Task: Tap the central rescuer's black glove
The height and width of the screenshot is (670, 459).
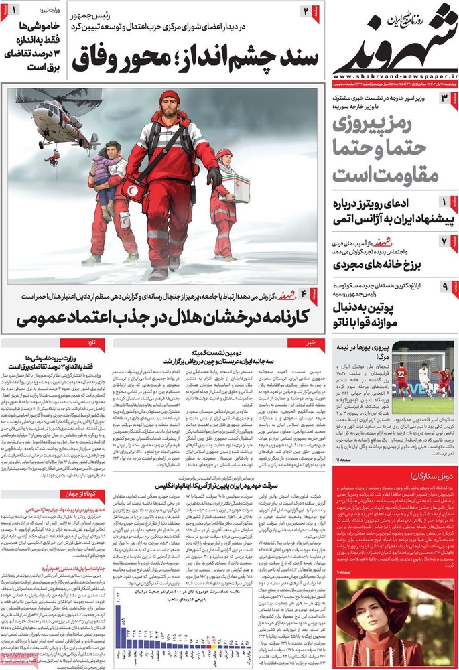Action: (214, 177)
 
